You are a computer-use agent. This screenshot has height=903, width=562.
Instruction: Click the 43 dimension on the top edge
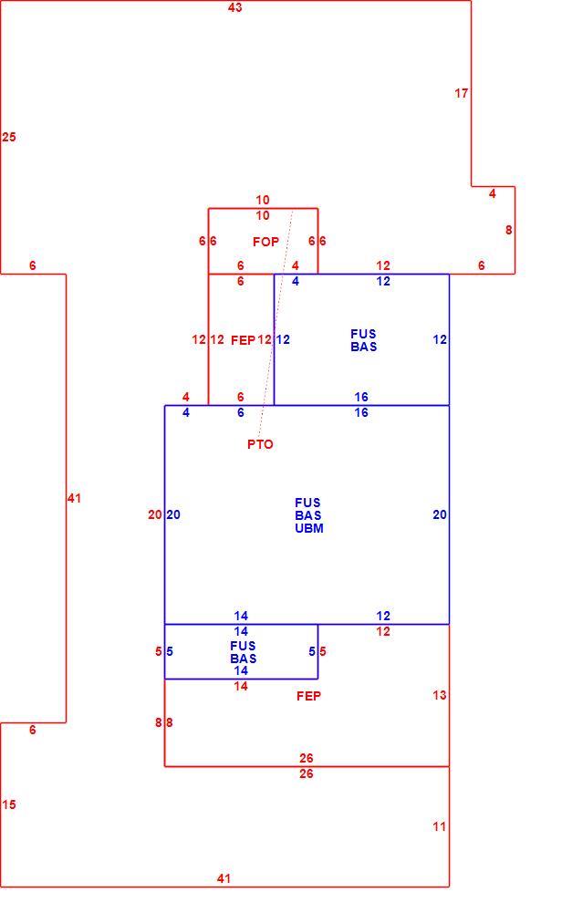tap(235, 7)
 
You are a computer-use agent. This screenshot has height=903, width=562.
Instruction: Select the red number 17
tap(462, 93)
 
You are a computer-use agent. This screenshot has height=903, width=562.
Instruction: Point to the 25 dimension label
tap(8, 137)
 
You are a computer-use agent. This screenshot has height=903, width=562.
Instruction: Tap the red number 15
tap(8, 804)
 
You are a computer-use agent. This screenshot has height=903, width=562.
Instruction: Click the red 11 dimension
tap(440, 826)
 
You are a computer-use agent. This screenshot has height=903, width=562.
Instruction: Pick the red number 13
tap(440, 695)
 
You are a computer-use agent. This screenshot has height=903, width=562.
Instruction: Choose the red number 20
tap(154, 514)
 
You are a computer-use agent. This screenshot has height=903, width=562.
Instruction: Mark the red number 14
tap(241, 686)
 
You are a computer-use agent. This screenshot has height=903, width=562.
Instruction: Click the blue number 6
tap(241, 412)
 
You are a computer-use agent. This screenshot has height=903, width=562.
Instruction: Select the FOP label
tap(265, 242)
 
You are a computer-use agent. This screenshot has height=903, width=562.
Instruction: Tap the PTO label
tap(260, 444)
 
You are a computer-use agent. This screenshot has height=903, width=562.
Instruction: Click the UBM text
tap(309, 528)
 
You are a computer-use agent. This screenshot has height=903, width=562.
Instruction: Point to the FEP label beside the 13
tap(308, 696)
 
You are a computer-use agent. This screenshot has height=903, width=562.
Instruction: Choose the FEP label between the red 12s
tap(243, 340)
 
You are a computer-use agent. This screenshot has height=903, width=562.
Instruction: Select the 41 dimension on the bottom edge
tap(224, 878)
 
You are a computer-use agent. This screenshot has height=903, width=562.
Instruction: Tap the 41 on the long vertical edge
tap(74, 498)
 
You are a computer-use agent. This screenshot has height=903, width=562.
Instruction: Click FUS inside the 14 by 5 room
tap(243, 646)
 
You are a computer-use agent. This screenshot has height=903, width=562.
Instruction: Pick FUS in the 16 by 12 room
tap(363, 334)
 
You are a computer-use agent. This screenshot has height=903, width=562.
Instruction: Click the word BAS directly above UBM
tap(308, 515)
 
